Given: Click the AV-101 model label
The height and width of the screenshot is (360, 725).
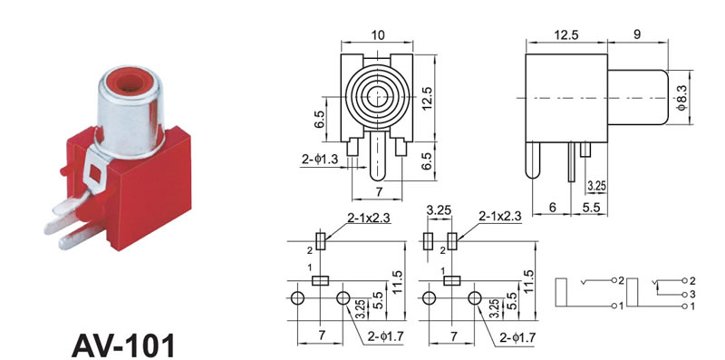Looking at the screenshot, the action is point(124,345).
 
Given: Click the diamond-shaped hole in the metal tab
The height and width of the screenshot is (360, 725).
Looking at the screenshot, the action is point(96,172).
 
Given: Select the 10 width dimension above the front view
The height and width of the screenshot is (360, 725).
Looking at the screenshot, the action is point(377,35).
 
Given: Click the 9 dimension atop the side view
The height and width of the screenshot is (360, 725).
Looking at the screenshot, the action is point(637,34).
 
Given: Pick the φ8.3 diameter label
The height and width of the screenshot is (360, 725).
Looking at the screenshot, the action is point(682,97).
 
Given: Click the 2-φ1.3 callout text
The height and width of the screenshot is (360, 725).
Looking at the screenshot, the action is point(320,160).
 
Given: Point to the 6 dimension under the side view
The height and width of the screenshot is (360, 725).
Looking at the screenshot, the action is point(552,208).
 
